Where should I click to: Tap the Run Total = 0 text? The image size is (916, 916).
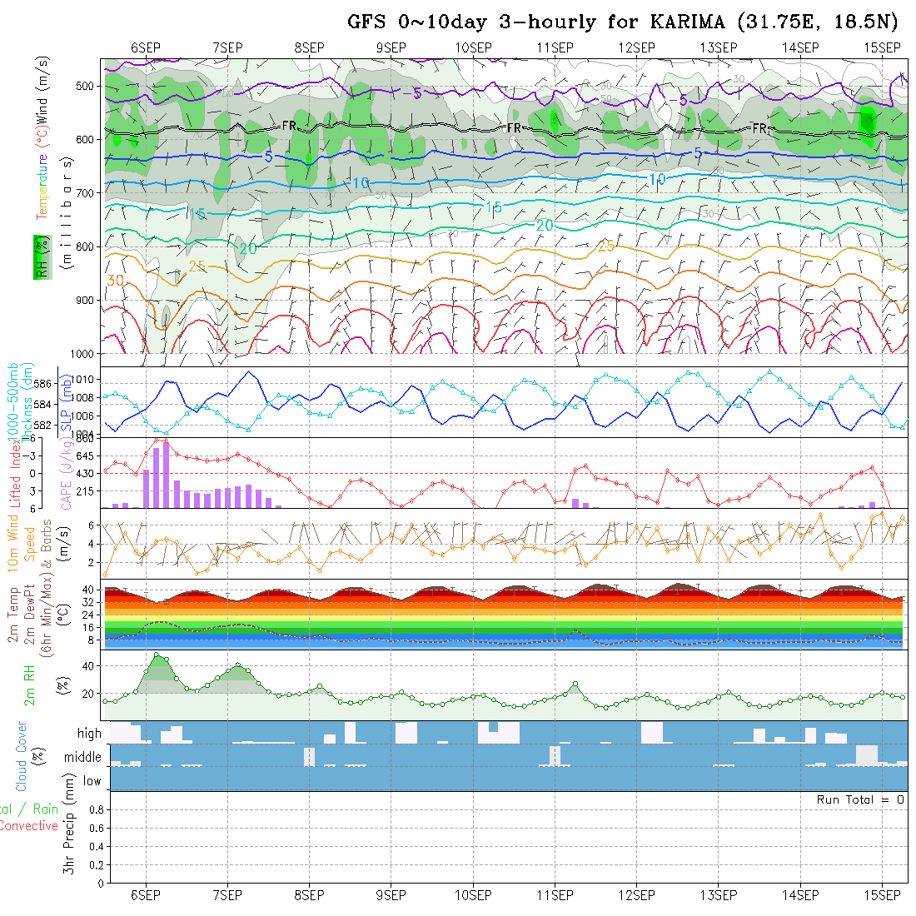tap(860, 799)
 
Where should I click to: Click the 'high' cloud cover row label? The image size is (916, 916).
tap(89, 734)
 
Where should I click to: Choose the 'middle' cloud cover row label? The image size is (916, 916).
tap(83, 758)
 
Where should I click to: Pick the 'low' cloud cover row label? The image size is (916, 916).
tap(92, 781)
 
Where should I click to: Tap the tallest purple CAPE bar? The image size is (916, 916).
tap(166, 475)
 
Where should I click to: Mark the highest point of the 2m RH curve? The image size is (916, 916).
tap(156, 655)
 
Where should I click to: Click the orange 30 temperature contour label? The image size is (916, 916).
tap(115, 281)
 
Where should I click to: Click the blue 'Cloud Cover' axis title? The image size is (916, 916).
tap(22, 756)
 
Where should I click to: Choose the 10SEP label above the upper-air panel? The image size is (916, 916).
tap(473, 47)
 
